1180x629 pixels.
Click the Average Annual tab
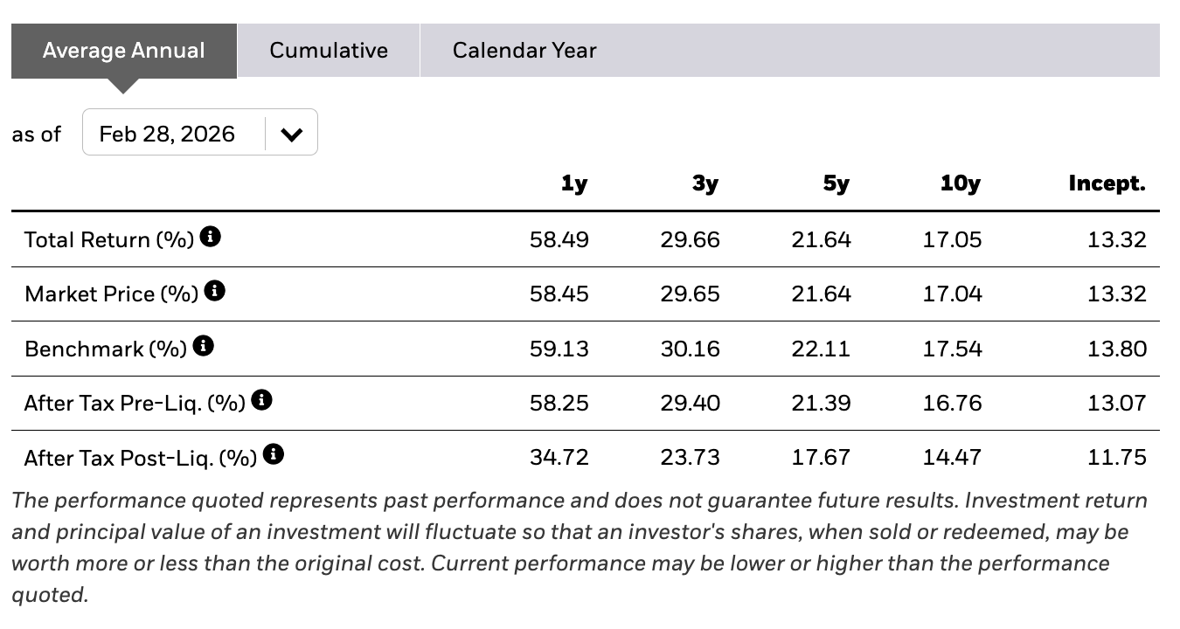click(124, 51)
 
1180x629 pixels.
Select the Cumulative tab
click(329, 51)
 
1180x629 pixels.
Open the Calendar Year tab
click(524, 51)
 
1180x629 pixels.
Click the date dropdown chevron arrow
click(291, 135)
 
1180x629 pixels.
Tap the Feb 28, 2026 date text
click(166, 134)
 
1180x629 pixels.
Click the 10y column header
click(961, 183)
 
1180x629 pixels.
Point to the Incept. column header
click(1107, 183)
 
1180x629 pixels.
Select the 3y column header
click(705, 183)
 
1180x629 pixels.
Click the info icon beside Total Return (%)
click(210, 237)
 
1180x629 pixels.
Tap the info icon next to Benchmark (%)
click(204, 346)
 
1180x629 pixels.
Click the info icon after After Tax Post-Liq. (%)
click(274, 453)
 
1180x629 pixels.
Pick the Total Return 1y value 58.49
click(559, 240)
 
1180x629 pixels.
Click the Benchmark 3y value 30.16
click(691, 349)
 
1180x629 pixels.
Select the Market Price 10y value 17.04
click(952, 294)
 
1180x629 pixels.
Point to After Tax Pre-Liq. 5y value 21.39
click(821, 404)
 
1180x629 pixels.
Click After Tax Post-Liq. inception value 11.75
click(1117, 458)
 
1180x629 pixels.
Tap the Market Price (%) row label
click(112, 294)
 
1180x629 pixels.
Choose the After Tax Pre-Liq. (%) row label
click(135, 404)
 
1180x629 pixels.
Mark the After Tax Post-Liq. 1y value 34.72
click(559, 458)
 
